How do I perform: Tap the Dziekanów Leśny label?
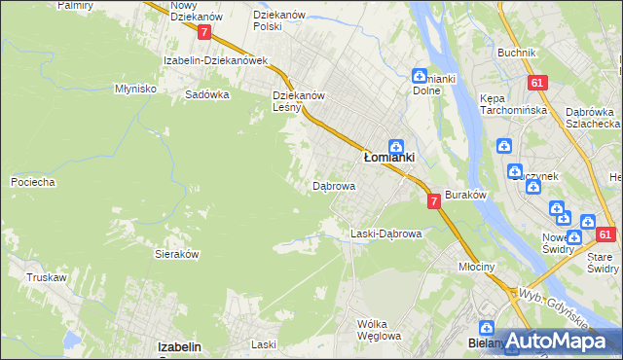pos(298,102)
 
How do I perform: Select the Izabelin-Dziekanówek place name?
pos(215,60)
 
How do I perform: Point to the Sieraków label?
pos(177,253)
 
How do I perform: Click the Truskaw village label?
pos(47,277)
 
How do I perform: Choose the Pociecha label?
pos(32,182)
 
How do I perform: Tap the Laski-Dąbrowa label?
pos(385,234)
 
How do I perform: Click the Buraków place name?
pos(465,195)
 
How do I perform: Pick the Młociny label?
pos(477,267)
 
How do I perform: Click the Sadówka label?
pos(207,95)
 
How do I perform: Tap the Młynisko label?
pos(136,88)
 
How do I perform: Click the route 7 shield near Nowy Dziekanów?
pos(203,32)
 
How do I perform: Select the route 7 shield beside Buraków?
pos(433,200)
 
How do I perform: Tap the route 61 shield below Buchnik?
pos(536,85)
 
